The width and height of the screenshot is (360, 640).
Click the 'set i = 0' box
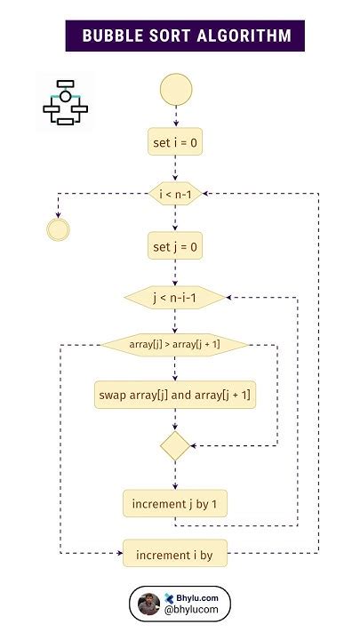[x=175, y=141]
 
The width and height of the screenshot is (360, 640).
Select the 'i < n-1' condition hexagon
[x=175, y=193]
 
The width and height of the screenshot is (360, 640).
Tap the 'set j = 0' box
[x=175, y=245]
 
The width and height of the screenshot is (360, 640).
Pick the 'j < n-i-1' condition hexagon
[x=175, y=298]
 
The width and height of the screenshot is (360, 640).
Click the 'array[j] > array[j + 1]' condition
[x=175, y=344]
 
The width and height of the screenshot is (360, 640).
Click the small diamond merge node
[x=175, y=445]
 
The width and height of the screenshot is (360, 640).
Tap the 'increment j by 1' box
[x=175, y=504]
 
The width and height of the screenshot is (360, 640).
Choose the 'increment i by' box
[x=175, y=555]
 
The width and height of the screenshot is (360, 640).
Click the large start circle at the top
[x=175, y=89]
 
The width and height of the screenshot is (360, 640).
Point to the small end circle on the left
[x=58, y=229]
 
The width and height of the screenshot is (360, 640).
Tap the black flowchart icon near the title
[x=65, y=102]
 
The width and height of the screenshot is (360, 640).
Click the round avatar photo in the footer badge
[x=149, y=605]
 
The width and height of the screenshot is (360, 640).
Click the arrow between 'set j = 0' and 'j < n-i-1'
[x=175, y=272]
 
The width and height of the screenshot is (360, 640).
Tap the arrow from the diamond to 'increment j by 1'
[x=175, y=474]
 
